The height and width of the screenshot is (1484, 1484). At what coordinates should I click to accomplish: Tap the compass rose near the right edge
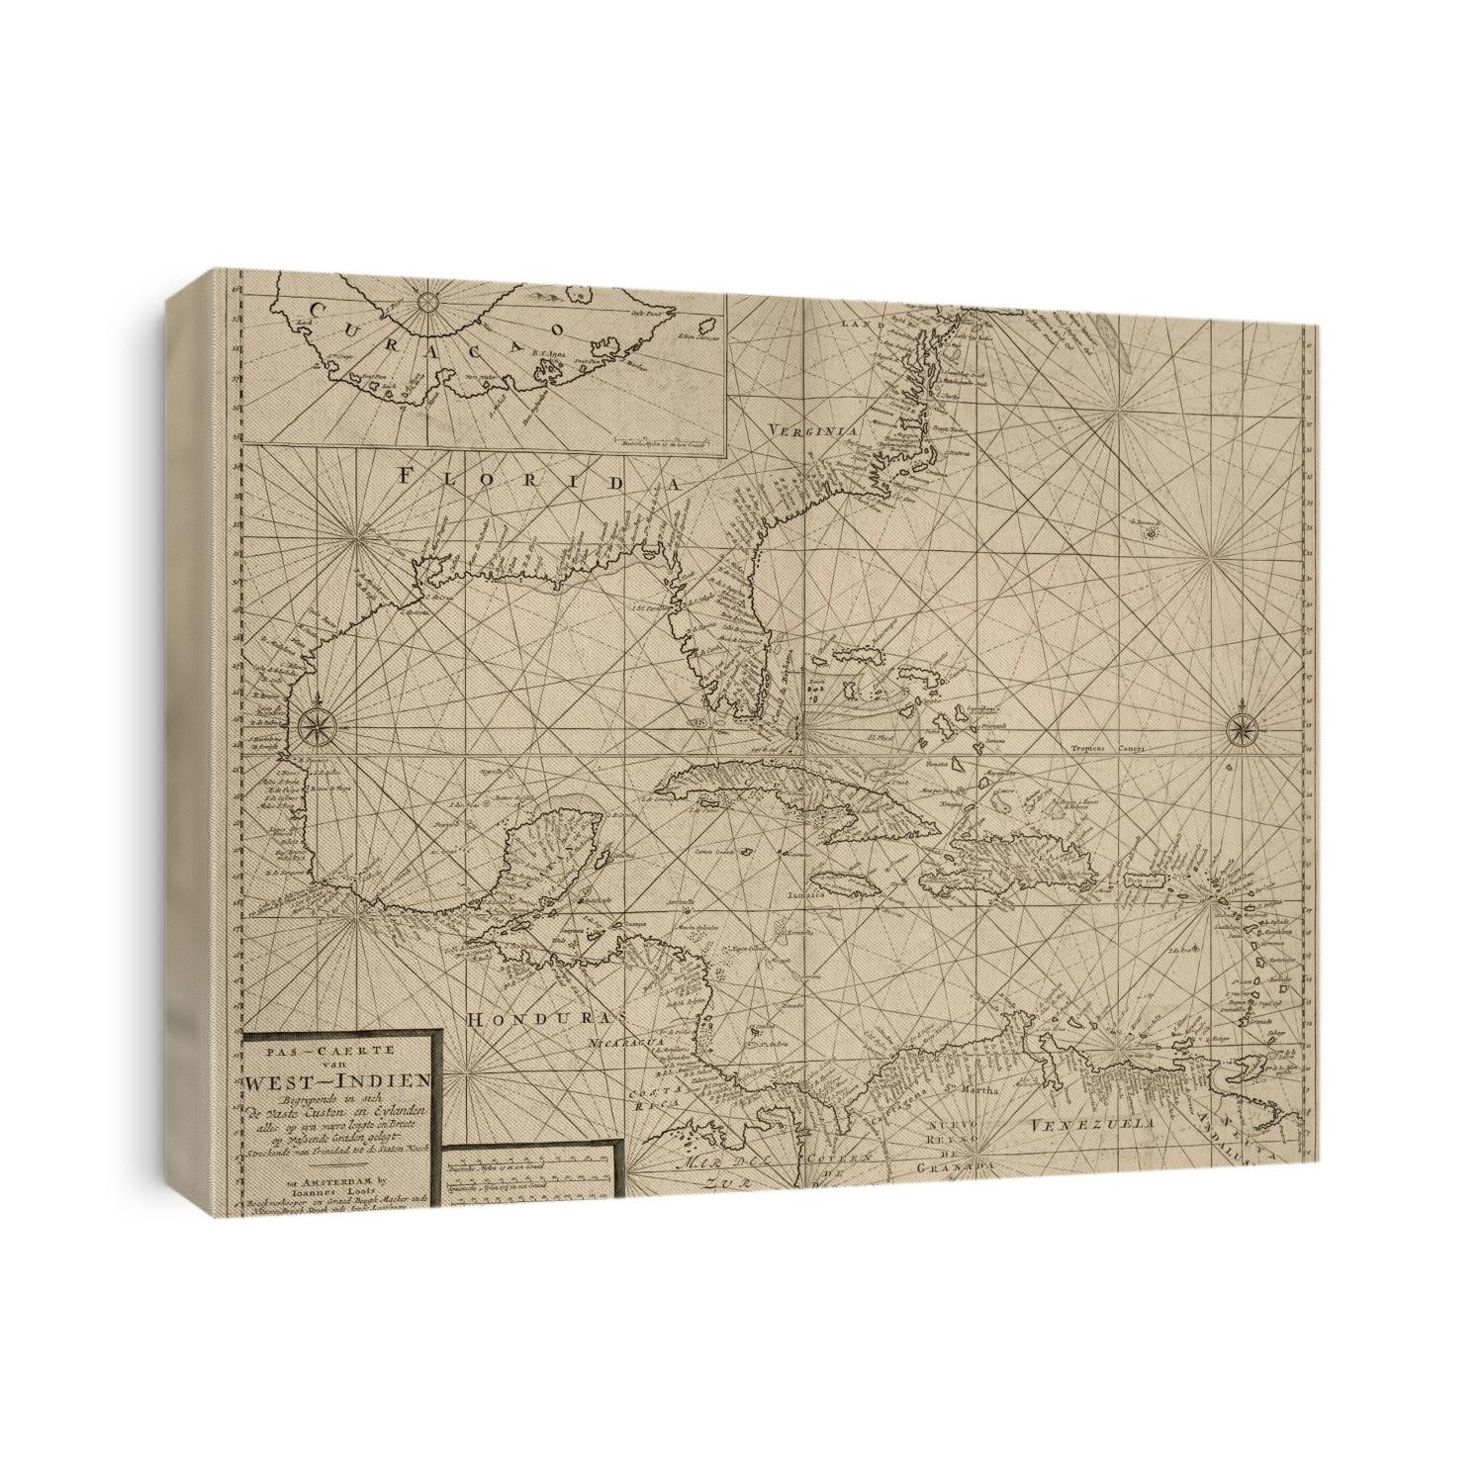pos(1239,731)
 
